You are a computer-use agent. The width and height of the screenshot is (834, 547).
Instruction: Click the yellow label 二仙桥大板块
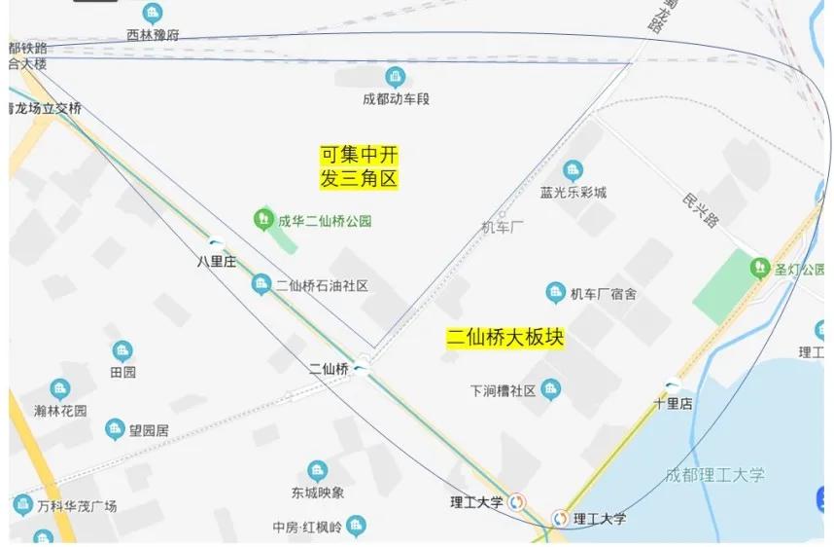pos(504,338)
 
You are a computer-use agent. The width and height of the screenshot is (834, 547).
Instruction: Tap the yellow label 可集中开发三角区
pos(360,166)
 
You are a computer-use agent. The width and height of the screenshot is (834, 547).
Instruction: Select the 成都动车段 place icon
pos(395,76)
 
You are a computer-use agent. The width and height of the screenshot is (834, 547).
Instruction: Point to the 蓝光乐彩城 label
pos(573,192)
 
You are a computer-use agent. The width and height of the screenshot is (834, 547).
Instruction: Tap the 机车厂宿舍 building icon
pos(555,293)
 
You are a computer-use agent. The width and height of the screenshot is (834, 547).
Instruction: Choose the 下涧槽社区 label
pos(503,390)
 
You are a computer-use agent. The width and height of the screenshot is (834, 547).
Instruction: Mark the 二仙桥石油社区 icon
pos(261,284)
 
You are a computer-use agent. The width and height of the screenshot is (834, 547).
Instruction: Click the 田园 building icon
pos(122,350)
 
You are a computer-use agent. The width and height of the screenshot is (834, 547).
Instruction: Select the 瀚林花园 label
pos(60,411)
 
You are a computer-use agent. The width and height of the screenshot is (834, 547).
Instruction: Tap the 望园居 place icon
pos(116,429)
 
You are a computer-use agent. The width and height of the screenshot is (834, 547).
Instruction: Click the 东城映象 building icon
pos(317,471)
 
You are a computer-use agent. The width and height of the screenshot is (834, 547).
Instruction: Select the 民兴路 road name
pos(700,208)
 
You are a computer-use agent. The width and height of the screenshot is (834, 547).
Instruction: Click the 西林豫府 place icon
pos(153,14)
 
